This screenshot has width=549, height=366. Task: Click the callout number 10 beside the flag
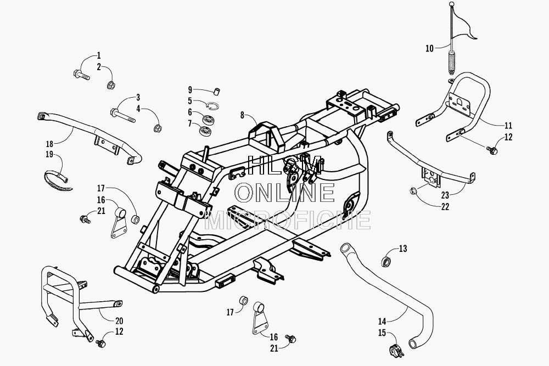click(x=429, y=48)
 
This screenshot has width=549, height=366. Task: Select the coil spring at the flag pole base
click(x=452, y=63)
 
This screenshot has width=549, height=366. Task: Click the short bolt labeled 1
click(x=82, y=75)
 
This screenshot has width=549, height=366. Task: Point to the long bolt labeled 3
click(x=122, y=115)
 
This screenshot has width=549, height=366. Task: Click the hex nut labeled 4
click(x=158, y=128)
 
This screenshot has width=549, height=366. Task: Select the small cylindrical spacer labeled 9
click(x=217, y=92)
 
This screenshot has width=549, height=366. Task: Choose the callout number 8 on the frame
click(x=242, y=115)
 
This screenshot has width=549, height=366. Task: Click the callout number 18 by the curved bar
click(x=49, y=144)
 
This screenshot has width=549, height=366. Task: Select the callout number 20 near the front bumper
click(x=119, y=320)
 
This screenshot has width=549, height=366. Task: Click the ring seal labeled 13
click(x=386, y=261)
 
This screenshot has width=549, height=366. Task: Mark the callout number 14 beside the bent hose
click(x=382, y=321)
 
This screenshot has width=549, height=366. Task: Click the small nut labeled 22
click(x=413, y=191)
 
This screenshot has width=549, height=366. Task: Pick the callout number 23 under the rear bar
click(x=445, y=195)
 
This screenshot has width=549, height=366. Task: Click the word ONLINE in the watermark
click(x=285, y=193)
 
